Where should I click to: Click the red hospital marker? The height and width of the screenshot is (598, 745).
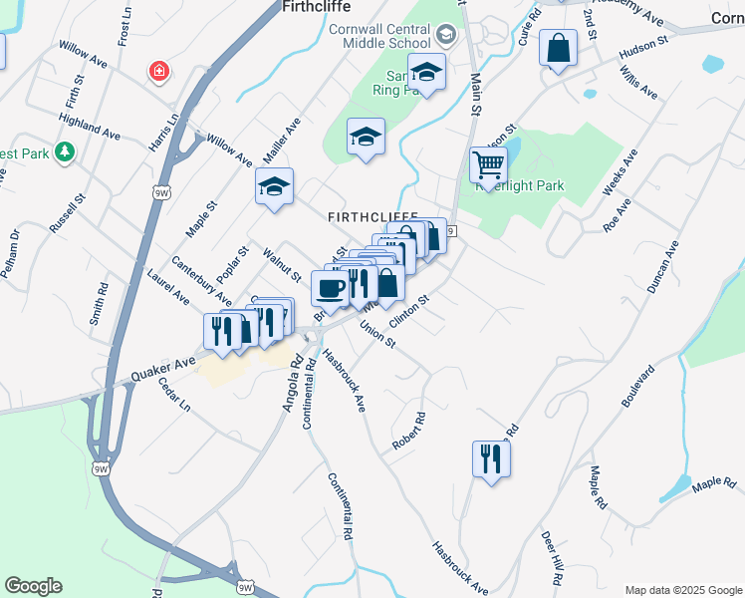[x=157, y=72]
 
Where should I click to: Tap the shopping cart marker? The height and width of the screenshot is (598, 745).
[x=488, y=163]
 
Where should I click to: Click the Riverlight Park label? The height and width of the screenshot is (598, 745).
[x=520, y=185]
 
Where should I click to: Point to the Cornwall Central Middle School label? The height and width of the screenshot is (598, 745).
[x=380, y=37]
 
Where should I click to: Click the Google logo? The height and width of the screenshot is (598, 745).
[x=33, y=586]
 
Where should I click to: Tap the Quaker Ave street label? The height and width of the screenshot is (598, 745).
[x=162, y=369]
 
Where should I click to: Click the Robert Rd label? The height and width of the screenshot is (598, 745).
[x=407, y=431]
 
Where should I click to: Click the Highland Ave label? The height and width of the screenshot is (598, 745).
[x=90, y=125]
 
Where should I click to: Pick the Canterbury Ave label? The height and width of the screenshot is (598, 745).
[x=202, y=281]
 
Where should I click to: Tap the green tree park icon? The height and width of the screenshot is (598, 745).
[x=65, y=151]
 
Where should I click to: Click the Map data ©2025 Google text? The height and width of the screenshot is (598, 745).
[x=681, y=589]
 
